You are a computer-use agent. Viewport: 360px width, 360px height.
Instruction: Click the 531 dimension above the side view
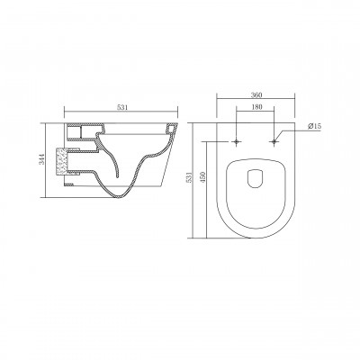pyautogui.click(x=122, y=108)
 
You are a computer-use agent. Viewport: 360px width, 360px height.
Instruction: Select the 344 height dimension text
pyautogui.click(x=42, y=159)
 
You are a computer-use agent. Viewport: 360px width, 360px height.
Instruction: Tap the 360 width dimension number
pyautogui.click(x=256, y=95)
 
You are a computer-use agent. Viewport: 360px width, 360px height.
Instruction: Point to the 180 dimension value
pyautogui.click(x=256, y=106)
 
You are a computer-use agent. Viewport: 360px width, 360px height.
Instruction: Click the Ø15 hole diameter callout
pyautogui.click(x=314, y=126)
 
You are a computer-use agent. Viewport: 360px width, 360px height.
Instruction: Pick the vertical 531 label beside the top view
pyautogui.click(x=189, y=178)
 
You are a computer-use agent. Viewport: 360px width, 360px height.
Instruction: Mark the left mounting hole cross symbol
pyautogui.click(x=237, y=141)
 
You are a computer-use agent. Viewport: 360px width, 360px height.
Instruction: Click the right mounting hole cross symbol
pyautogui.click(x=274, y=141)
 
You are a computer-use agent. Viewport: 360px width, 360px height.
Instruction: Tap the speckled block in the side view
pyautogui.click(x=63, y=161)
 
